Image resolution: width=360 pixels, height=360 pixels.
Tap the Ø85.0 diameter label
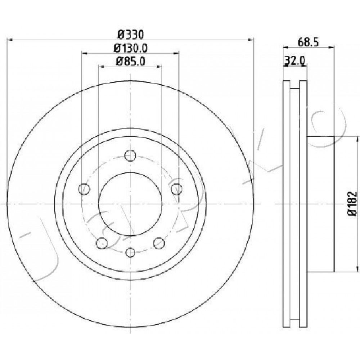[x=131, y=61]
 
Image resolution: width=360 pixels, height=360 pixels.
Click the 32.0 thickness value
[x=295, y=61]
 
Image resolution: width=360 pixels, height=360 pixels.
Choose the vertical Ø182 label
[x=352, y=204]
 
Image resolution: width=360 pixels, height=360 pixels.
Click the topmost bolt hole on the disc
[x=130, y=156]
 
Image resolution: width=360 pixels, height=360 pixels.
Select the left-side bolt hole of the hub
[x=84, y=189]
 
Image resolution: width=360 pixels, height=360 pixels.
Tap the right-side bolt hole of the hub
[x=177, y=189]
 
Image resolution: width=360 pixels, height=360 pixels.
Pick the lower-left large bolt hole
[x=102, y=243]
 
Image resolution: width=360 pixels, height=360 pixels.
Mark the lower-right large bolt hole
[x=159, y=243]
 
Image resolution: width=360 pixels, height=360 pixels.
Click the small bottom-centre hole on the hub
[x=130, y=252]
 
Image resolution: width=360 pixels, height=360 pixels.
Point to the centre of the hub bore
[x=130, y=204]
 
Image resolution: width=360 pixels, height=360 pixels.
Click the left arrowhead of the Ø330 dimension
[x=10, y=40]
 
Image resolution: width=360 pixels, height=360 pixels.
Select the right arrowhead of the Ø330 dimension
[x=251, y=40]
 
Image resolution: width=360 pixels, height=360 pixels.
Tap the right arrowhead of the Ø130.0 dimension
[x=176, y=53]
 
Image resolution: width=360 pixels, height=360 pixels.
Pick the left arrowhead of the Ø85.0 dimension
[x=101, y=67]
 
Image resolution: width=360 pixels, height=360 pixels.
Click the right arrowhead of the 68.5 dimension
[x=331, y=47]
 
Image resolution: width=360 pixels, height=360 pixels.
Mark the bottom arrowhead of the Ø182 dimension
[x=357, y=269]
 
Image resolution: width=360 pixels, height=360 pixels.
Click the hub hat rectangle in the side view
[x=320, y=204]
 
